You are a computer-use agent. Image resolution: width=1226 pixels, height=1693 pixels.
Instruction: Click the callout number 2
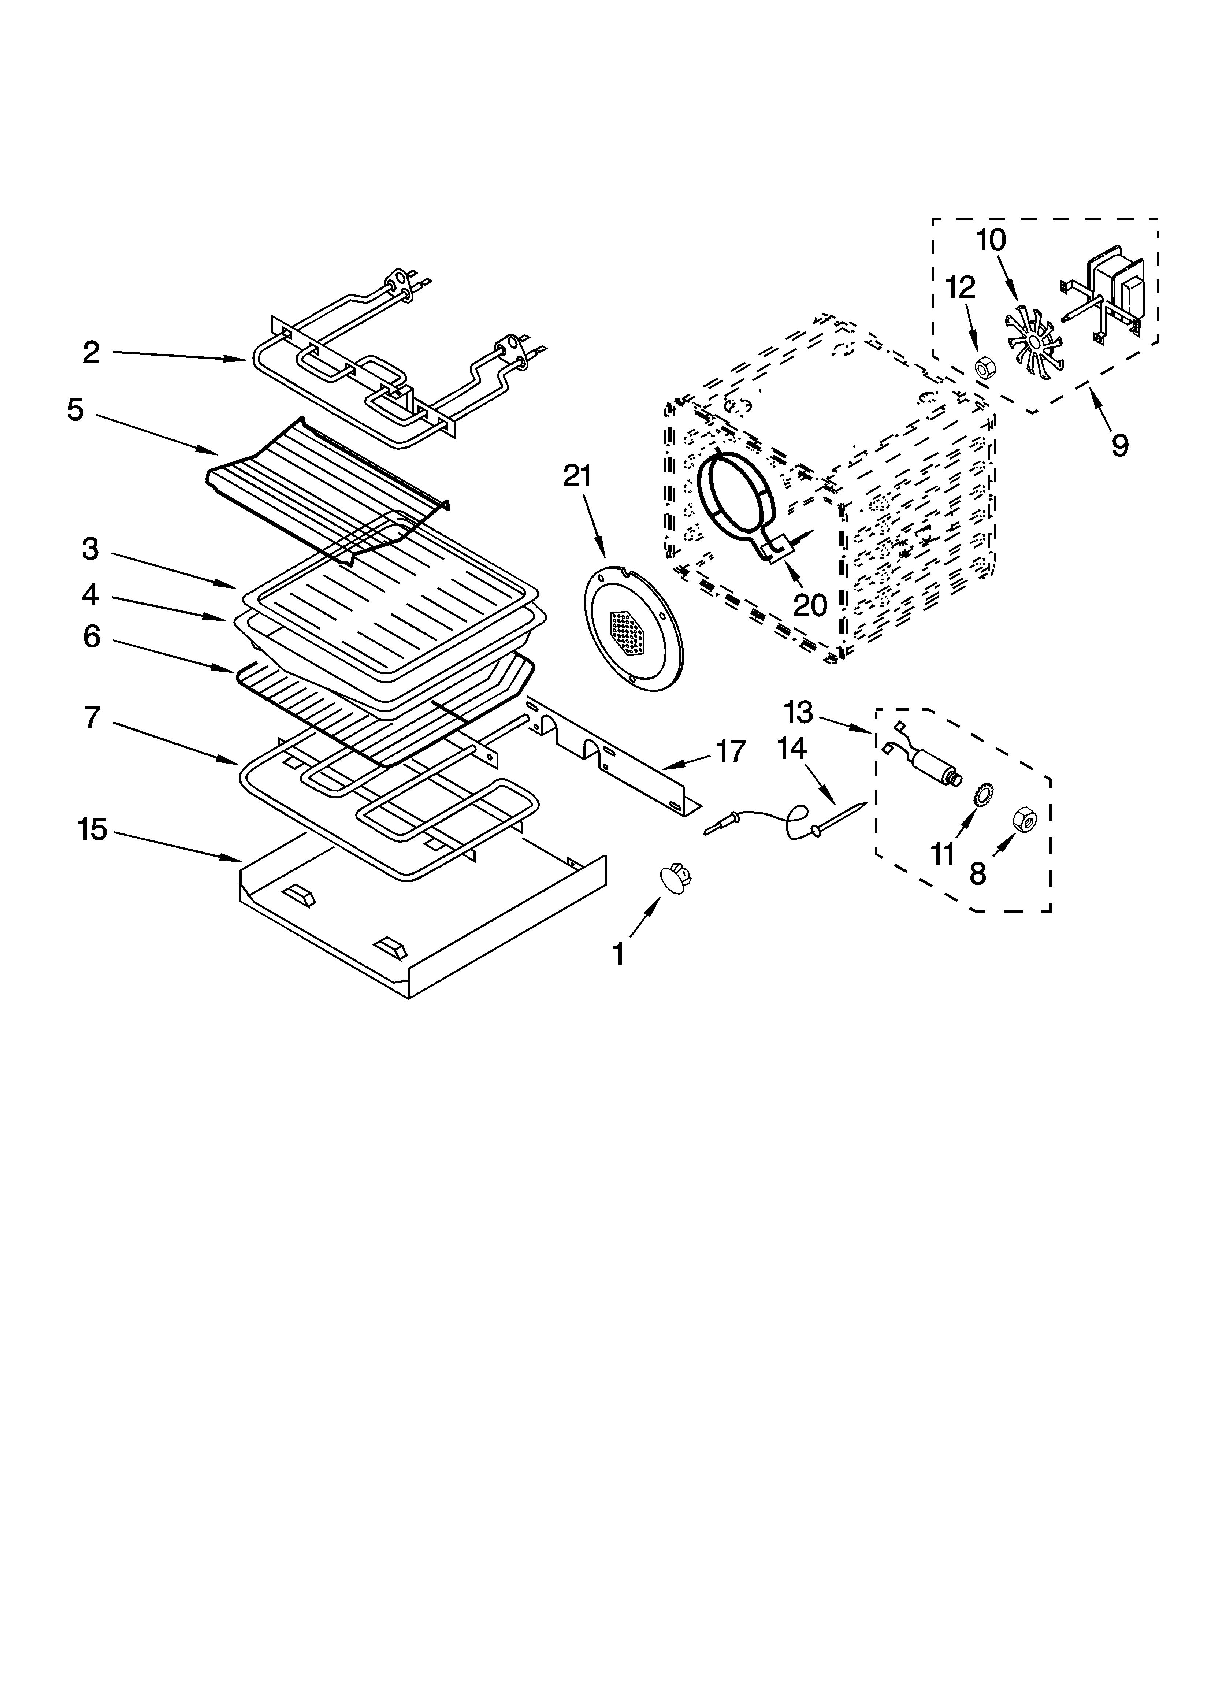coord(91,352)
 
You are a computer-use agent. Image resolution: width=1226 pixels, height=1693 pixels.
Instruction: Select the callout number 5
coord(75,410)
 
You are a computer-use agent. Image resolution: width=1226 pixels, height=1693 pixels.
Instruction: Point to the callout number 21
coord(577,475)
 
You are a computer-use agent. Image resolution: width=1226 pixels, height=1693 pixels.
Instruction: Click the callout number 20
coord(810,604)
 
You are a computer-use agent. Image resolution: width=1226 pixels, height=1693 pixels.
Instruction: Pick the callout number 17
coord(731,751)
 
